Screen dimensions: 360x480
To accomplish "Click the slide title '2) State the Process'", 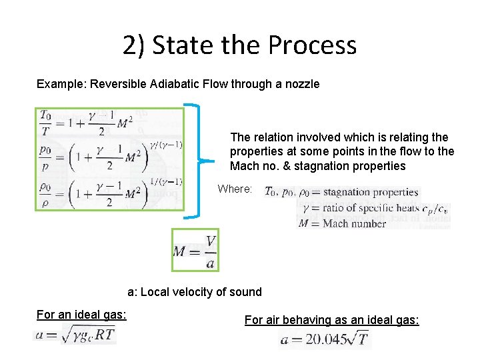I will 239,45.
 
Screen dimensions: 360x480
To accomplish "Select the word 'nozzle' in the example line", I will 302,84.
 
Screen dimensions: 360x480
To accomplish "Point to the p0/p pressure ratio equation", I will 100,158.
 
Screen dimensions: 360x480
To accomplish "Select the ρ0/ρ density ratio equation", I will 100,193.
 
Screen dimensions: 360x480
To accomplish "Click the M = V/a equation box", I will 195,250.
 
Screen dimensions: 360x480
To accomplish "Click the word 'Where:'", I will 235,189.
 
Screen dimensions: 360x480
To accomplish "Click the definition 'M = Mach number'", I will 343,223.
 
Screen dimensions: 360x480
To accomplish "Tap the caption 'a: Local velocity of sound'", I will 194,291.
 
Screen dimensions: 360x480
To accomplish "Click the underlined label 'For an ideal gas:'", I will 81,314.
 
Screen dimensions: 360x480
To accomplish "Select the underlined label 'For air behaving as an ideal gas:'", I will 331,320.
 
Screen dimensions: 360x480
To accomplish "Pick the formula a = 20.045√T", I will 325,339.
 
